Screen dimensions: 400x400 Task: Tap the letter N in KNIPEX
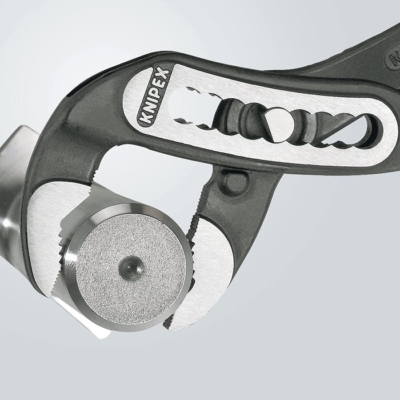[145, 109]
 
